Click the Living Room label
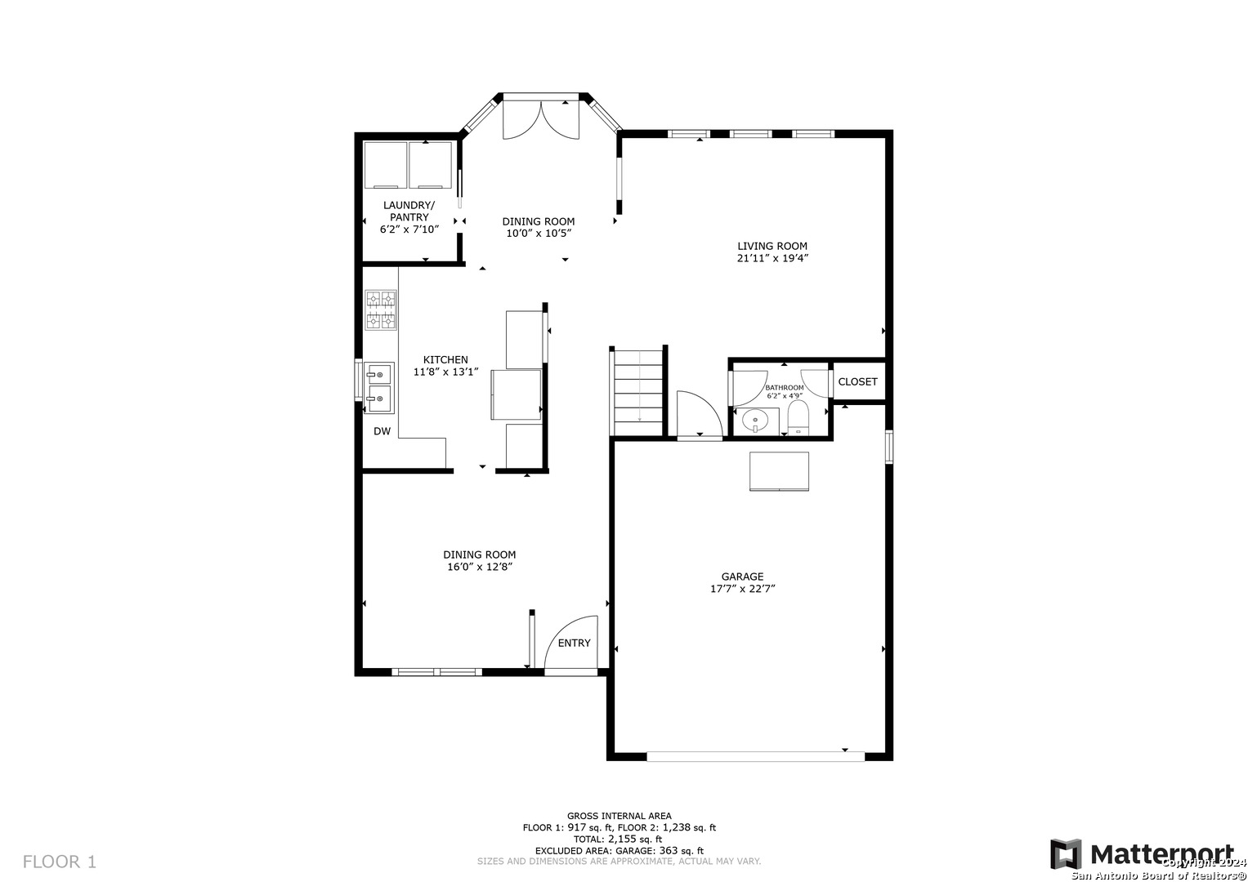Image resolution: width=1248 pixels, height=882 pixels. click(x=772, y=246)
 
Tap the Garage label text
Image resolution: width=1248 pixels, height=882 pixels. click(x=742, y=577)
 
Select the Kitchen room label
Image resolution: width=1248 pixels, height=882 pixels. click(x=445, y=359)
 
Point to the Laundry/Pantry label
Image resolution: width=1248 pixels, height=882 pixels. click(x=409, y=211)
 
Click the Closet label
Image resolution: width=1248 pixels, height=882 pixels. click(x=857, y=381)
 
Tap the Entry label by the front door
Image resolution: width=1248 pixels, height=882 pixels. click(x=574, y=643)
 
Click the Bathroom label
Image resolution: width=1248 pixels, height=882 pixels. click(x=785, y=388)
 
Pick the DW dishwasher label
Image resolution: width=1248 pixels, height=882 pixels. click(x=382, y=431)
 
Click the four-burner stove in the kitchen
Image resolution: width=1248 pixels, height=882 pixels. click(x=381, y=310)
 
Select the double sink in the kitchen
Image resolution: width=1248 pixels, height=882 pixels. click(x=379, y=388)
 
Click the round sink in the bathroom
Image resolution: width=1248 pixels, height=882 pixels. click(x=755, y=421)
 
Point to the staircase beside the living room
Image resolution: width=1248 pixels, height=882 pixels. click(x=638, y=392)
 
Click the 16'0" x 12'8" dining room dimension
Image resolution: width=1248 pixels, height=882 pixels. click(x=479, y=567)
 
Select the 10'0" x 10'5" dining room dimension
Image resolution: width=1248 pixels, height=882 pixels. click(x=539, y=234)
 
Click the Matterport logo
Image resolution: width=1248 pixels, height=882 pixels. click(x=1142, y=853)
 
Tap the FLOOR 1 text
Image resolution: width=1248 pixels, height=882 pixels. click(x=60, y=862)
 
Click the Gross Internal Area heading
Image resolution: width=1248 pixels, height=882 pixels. click(x=619, y=817)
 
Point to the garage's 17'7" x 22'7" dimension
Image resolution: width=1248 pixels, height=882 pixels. click(x=743, y=589)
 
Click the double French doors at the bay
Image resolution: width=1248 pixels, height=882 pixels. click(x=541, y=120)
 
